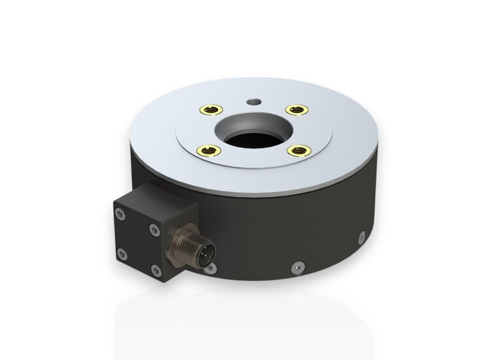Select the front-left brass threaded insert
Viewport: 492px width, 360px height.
coord(207,151)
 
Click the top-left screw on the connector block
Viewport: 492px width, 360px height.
coord(120,213)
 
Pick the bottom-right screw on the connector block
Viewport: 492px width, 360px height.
coord(155,270)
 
